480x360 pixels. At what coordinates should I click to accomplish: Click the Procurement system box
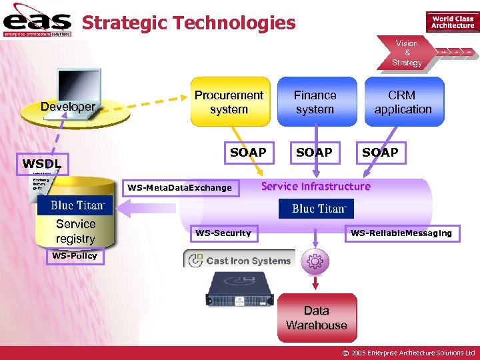click(229, 102)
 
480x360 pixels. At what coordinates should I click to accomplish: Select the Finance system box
click(315, 102)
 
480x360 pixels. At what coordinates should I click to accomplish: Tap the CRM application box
click(403, 102)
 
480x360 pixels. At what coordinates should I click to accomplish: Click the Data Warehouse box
click(317, 318)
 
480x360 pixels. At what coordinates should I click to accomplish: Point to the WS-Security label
click(223, 233)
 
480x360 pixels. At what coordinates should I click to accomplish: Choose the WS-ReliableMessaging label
click(401, 233)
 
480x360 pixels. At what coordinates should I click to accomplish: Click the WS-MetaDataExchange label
click(180, 188)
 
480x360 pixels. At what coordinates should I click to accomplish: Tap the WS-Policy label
click(75, 256)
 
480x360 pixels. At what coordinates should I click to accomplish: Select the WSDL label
click(42, 163)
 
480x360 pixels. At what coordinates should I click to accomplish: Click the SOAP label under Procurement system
click(248, 153)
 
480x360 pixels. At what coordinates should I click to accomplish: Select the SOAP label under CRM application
click(380, 153)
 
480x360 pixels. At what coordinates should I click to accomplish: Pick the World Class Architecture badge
click(452, 22)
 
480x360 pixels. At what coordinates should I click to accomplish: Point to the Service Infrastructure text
click(315, 187)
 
